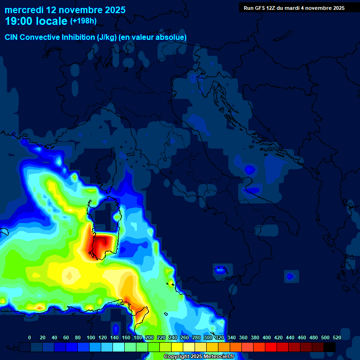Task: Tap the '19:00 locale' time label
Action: tap(37, 21)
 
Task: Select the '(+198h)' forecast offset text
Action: tap(83, 21)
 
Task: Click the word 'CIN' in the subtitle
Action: tap(12, 37)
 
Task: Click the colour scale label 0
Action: tap(30, 337)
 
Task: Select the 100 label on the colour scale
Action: tap(90, 337)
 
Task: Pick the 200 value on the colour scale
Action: tap(150, 337)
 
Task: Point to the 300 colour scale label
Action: tap(208, 337)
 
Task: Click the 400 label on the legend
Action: tap(267, 337)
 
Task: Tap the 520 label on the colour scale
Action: tap(337, 337)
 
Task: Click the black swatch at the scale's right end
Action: tap(330, 347)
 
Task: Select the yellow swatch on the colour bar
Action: tap(177, 347)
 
